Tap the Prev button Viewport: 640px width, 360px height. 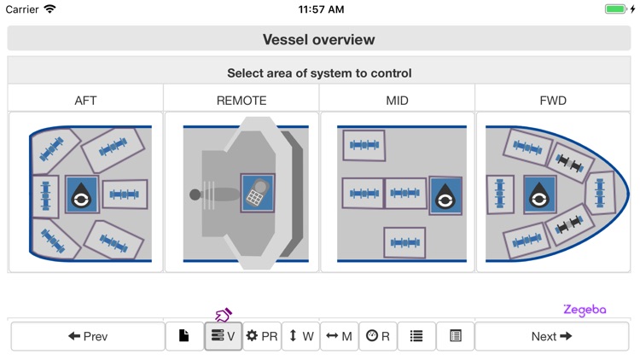coord(88,336)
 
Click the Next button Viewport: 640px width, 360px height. coord(551,336)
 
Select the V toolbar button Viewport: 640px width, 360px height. coord(224,336)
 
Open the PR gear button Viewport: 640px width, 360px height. coord(262,336)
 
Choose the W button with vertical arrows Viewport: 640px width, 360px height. coord(300,336)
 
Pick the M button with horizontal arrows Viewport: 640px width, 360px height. coord(339,336)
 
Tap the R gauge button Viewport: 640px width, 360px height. coord(377,336)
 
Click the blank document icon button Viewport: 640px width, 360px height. coord(184,336)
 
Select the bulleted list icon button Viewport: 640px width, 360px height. coord(416,336)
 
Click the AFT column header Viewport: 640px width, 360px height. coord(85,100)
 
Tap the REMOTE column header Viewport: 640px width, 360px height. coord(241,100)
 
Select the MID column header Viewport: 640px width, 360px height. coord(397,100)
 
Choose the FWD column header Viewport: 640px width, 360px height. coord(553,100)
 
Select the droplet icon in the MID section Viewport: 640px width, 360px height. coord(445,195)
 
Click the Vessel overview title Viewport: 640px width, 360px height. coord(319,39)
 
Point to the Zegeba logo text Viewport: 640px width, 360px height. coord(585,310)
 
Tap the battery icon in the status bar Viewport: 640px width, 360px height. coord(616,9)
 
